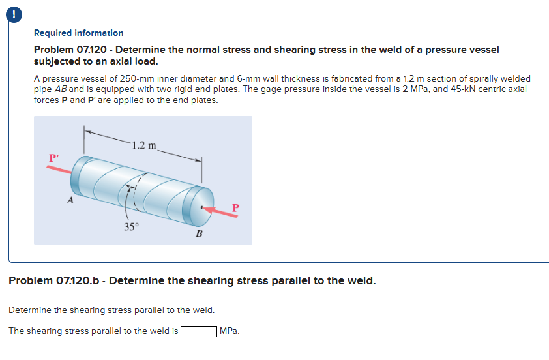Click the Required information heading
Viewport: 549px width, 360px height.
pyautogui.click(x=78, y=33)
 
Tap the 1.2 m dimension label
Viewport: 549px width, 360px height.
pyautogui.click(x=143, y=145)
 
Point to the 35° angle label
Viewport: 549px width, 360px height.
pyautogui.click(x=132, y=226)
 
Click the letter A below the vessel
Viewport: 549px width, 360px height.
pyautogui.click(x=70, y=201)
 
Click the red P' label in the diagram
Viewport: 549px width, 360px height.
pyautogui.click(x=54, y=157)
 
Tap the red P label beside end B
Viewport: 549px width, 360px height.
pyautogui.click(x=236, y=207)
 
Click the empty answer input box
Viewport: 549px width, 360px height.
pyautogui.click(x=199, y=331)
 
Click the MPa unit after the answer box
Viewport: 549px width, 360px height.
pyautogui.click(x=230, y=331)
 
